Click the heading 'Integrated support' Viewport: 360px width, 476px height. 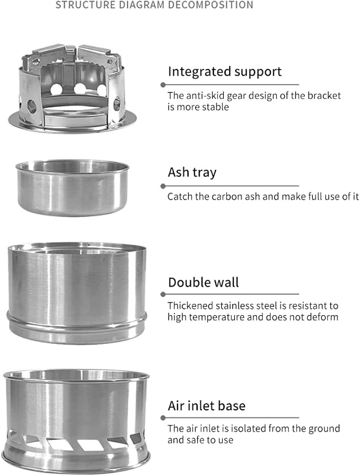point(225,72)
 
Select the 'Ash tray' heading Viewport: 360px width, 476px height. point(192,172)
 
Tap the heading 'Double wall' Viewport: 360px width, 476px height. point(204,282)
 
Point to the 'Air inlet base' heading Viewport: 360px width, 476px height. point(207,405)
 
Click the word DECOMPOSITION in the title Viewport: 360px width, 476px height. point(210,5)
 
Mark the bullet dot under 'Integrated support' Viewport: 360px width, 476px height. point(163,85)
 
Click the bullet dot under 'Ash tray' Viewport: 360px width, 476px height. point(163,186)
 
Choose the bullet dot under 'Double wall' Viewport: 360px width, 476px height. point(163,294)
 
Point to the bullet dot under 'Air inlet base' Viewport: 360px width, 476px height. point(163,418)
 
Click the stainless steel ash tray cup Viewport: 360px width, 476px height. point(72,188)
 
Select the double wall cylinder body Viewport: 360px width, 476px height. point(77,293)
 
